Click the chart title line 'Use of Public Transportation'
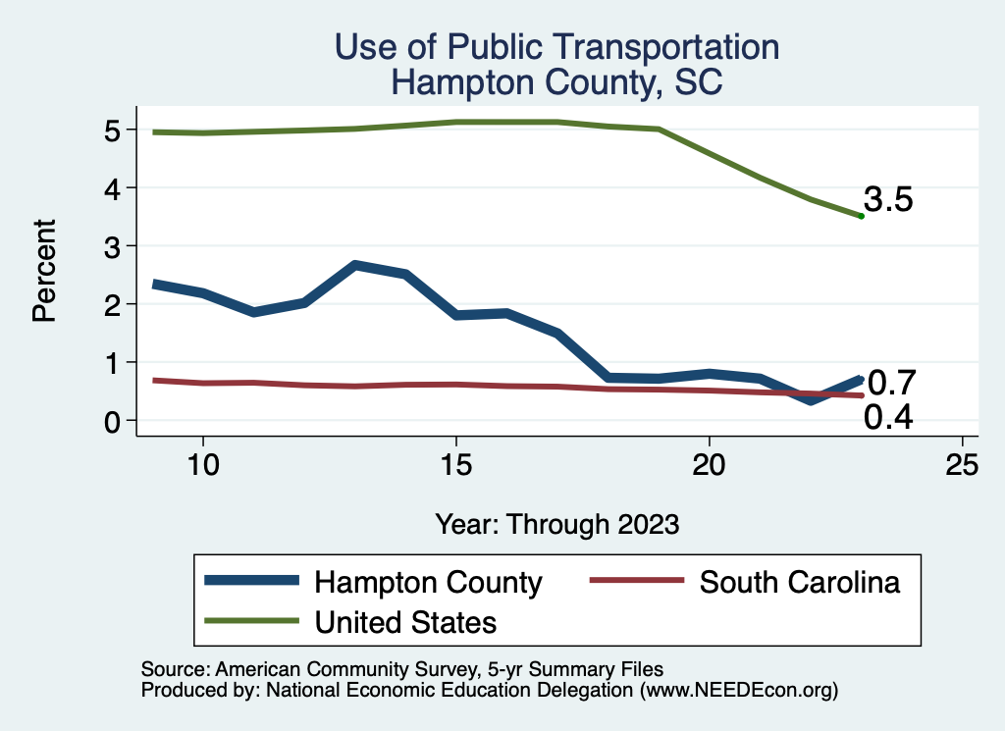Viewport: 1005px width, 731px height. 556,47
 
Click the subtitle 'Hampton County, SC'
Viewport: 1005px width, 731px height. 556,82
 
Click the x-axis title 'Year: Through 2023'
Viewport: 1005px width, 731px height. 556,524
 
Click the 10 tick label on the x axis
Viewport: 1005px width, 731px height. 202,466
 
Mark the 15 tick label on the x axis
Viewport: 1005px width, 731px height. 455,466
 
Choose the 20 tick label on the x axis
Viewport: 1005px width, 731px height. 709,466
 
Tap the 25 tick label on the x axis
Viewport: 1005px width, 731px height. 962,466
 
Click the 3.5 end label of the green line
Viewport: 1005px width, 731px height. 889,200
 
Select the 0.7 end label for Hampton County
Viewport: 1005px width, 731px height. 891,381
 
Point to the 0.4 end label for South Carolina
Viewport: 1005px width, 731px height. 889,418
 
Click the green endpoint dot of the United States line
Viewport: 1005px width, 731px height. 861,216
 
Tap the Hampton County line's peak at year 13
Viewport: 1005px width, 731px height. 354,265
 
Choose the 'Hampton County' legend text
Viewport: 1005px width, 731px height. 428,583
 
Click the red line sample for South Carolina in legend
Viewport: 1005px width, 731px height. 635,581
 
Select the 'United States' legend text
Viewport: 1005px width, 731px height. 405,622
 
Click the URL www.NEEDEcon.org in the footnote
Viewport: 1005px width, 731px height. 739,690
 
